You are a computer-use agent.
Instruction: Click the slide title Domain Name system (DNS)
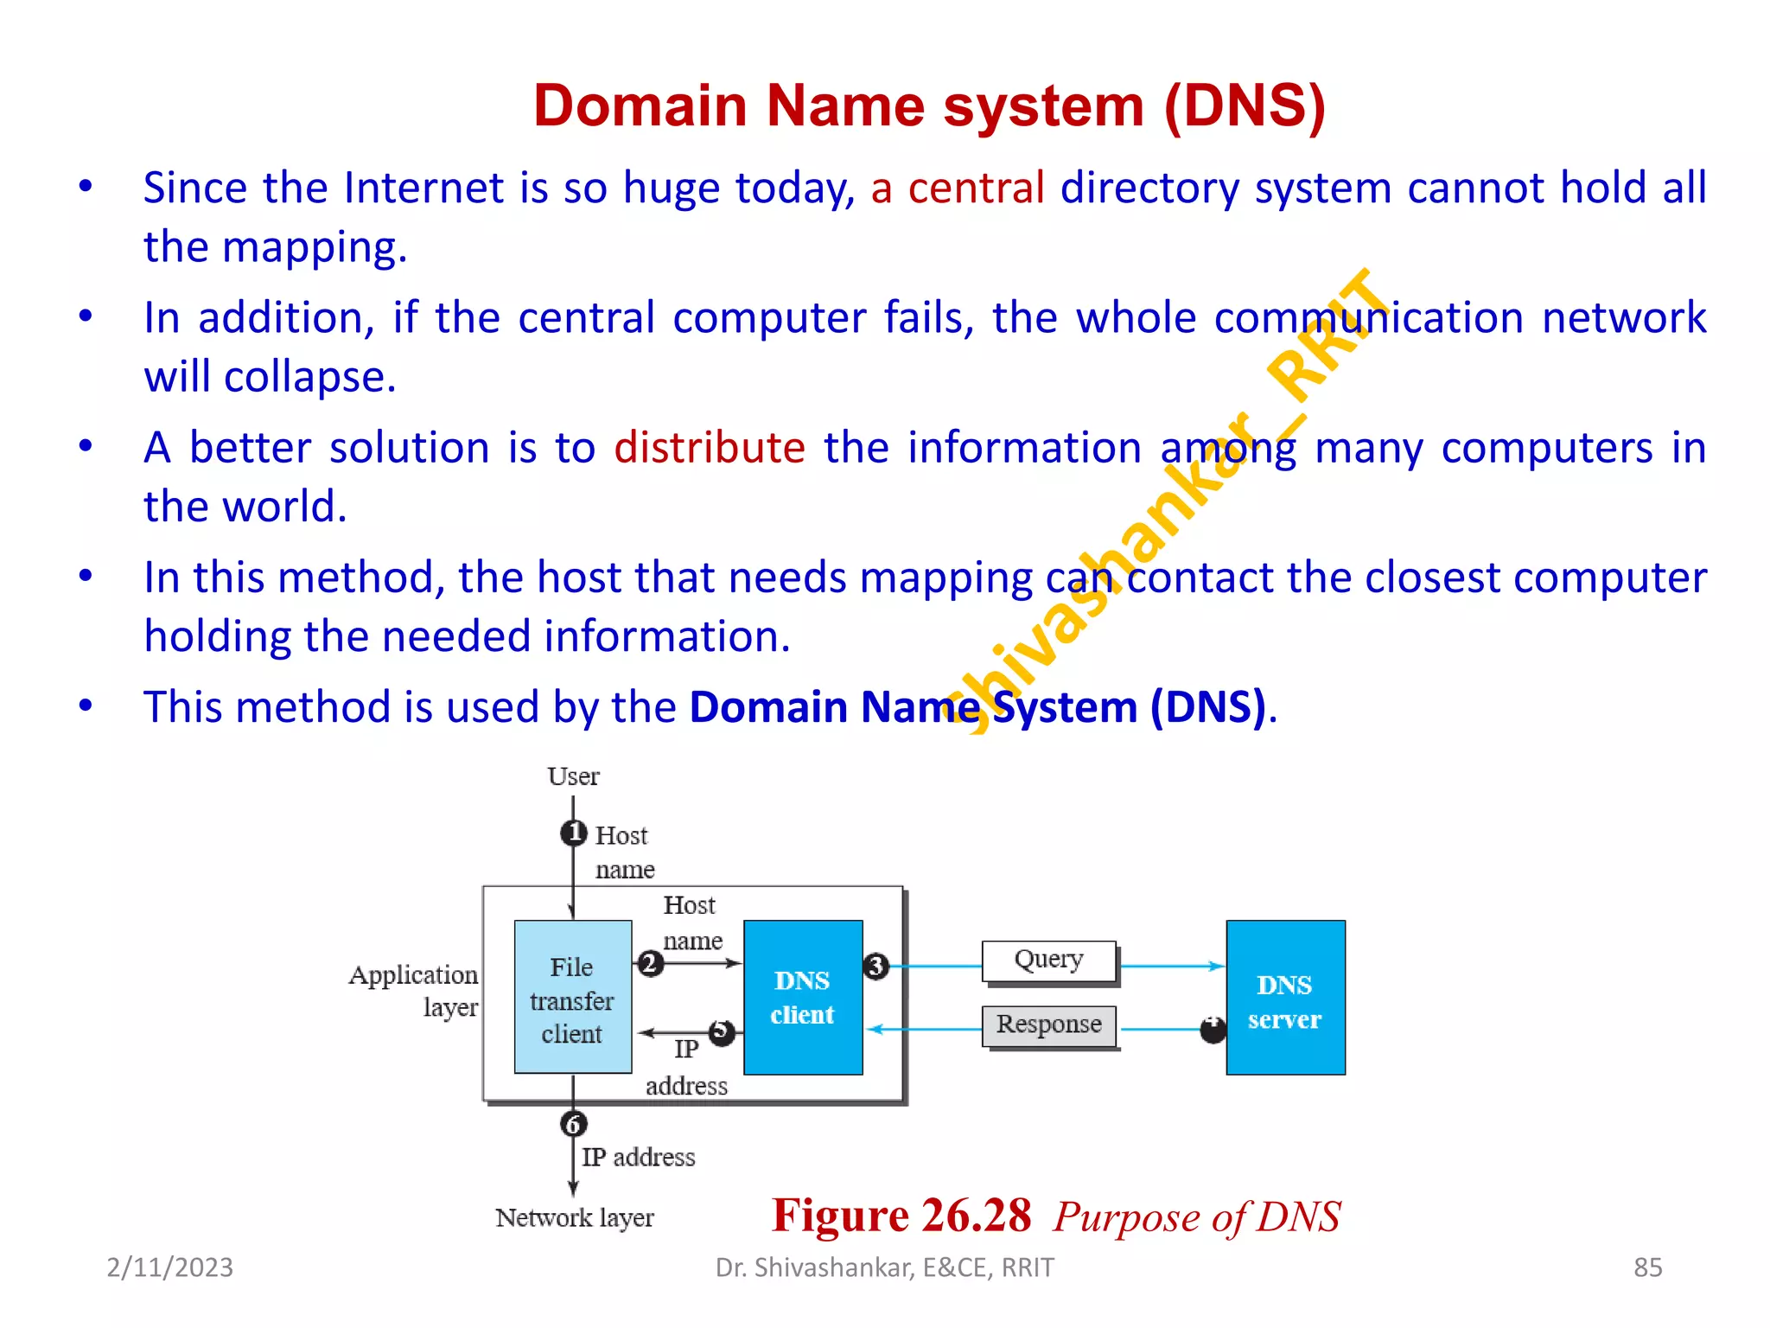click(929, 105)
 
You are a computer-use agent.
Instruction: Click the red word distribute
click(709, 448)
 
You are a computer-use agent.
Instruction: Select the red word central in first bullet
click(976, 188)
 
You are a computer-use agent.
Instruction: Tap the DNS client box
click(803, 997)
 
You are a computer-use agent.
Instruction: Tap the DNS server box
click(1285, 997)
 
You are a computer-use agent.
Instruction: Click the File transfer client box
click(572, 997)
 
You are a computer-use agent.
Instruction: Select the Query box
click(1048, 961)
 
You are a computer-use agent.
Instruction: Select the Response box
click(1048, 1025)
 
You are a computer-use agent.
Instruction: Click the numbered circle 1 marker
click(573, 833)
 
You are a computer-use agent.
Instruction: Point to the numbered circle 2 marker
click(650, 962)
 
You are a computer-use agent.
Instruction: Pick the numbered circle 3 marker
click(875, 965)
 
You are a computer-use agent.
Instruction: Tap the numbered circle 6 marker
click(573, 1124)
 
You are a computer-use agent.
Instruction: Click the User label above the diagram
click(573, 776)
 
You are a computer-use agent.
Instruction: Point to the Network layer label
click(575, 1217)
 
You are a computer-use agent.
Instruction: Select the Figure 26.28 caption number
click(901, 1215)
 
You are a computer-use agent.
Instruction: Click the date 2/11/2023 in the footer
click(169, 1267)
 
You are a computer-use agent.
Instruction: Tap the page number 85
click(1647, 1267)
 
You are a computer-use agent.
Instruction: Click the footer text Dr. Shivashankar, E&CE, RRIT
click(884, 1267)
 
